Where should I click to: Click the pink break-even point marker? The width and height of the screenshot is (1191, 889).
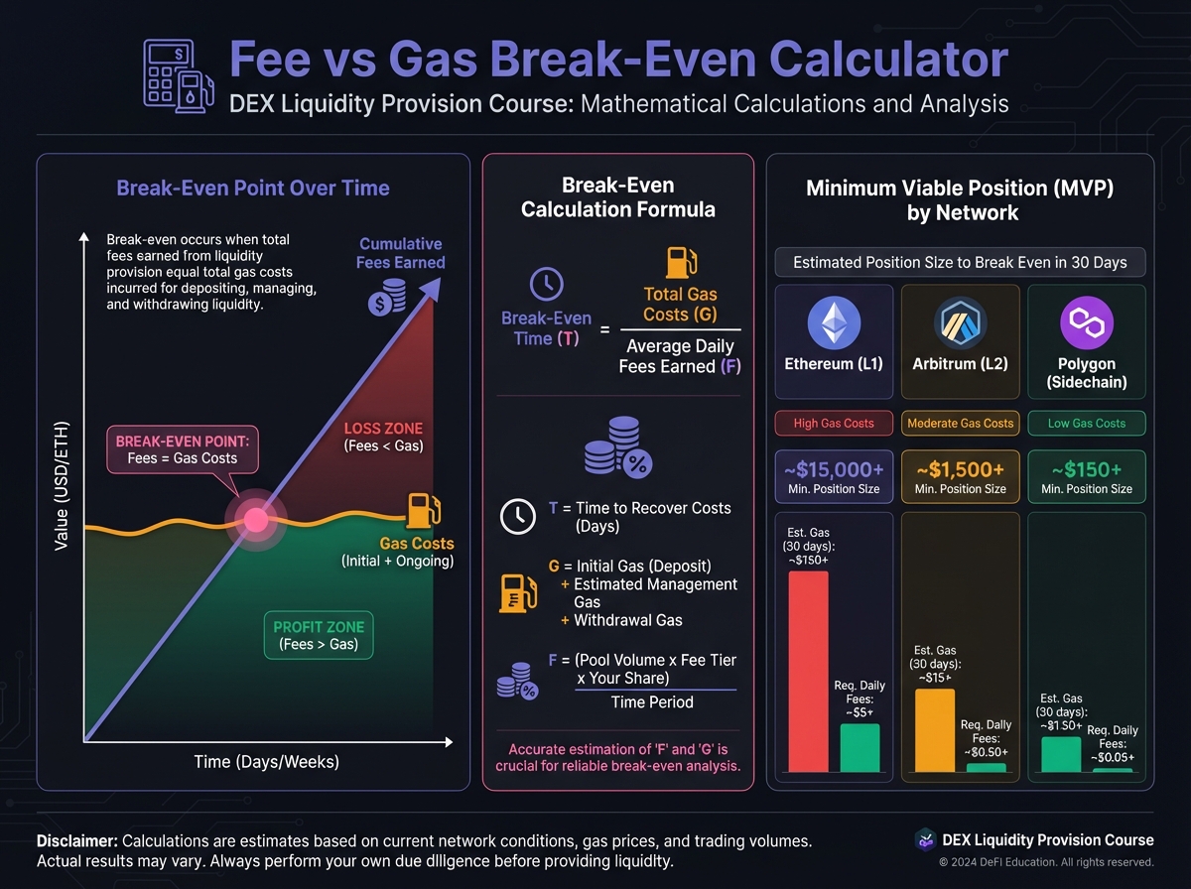point(255,518)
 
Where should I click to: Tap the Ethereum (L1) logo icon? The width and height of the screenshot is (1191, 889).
point(834,323)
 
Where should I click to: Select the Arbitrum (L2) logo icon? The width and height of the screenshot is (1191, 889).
point(960,323)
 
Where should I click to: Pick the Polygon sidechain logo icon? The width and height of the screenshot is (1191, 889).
point(1087,323)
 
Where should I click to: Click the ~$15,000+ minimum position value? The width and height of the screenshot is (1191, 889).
point(834,468)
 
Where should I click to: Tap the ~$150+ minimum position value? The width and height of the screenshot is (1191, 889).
point(1087,468)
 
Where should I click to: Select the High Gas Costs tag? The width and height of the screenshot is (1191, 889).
point(834,423)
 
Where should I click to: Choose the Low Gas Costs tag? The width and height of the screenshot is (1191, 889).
point(1087,423)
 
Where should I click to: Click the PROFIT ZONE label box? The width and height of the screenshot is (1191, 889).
point(319,635)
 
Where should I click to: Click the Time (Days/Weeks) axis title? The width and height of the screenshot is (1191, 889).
point(266,762)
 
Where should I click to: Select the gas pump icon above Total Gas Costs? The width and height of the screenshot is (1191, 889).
point(680,263)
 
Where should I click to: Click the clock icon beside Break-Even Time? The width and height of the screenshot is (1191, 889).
point(546,284)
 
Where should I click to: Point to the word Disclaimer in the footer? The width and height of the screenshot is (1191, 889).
point(76,840)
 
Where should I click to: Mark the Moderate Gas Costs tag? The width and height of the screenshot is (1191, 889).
point(960,423)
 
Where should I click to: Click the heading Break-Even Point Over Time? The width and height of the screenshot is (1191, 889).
point(253,188)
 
